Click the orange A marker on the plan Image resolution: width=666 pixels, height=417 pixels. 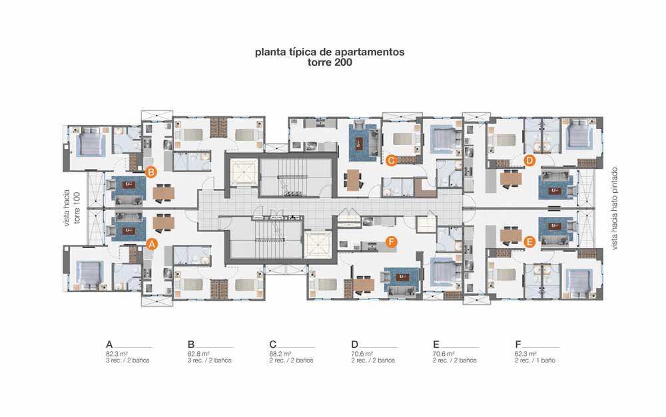point(152,244)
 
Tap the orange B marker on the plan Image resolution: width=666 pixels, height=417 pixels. point(151,172)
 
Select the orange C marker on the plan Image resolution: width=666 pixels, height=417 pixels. point(391,160)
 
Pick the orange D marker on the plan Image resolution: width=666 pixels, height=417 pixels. point(529,161)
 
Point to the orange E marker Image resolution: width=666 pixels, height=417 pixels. point(529,242)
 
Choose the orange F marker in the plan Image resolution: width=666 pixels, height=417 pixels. point(391,242)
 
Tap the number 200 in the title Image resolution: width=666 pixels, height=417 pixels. point(342,63)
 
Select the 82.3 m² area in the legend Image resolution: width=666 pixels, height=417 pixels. point(117,353)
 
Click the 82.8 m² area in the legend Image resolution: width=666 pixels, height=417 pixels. point(198,353)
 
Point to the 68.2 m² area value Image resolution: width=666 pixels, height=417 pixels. point(280,353)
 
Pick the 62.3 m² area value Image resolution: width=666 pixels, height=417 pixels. point(526,353)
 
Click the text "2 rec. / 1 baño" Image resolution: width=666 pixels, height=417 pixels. point(535,360)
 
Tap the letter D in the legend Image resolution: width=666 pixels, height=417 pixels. point(355,345)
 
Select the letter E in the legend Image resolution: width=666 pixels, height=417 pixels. point(436,345)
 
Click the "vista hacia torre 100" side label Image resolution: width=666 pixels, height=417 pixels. point(72,208)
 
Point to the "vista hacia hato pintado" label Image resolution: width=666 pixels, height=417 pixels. point(614,208)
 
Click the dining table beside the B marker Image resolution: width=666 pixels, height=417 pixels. point(164,194)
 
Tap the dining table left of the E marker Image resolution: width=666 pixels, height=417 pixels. point(511,235)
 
